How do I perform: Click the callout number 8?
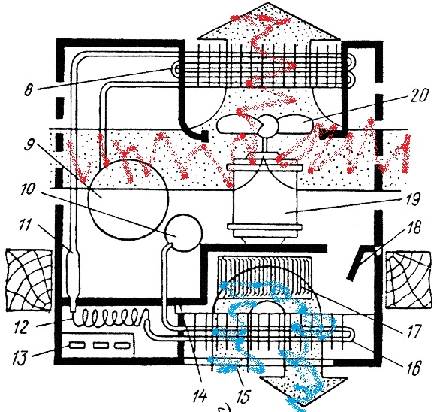28,90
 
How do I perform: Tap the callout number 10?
27,189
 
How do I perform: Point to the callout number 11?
25,225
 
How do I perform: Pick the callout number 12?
22,327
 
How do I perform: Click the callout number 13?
20,358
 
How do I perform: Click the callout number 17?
414,332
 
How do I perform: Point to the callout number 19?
413,199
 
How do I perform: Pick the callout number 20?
419,95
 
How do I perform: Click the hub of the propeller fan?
269,126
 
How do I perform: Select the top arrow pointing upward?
268,23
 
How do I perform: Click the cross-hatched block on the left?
29,280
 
